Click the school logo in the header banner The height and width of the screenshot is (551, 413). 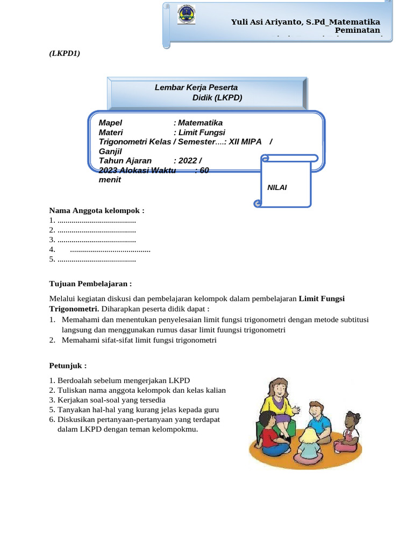pos(187,15)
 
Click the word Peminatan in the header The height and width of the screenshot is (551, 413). pos(358,31)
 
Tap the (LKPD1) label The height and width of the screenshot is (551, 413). pos(65,53)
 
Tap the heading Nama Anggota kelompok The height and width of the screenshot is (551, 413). pos(97,210)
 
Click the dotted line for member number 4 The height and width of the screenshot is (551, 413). pos(110,250)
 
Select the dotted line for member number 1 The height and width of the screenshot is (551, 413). pos(96,221)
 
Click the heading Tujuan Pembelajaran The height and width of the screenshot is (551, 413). pos(90,284)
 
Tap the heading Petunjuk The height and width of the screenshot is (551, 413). pos(68,365)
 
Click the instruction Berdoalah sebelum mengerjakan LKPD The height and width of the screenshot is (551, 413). pos(119,380)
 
